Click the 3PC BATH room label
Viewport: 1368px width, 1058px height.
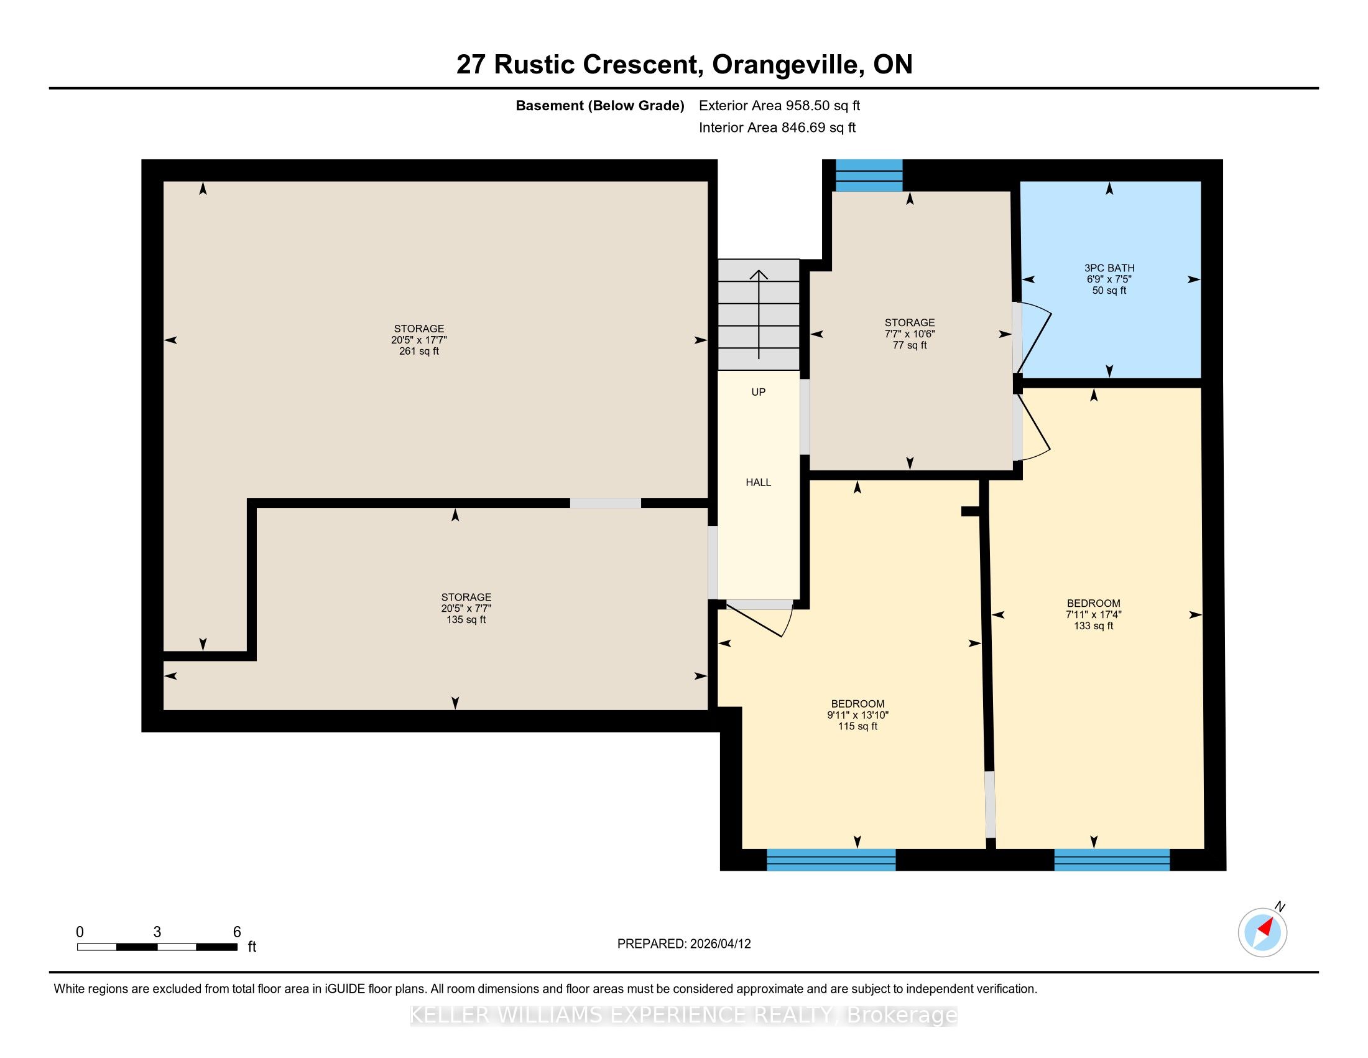1109,268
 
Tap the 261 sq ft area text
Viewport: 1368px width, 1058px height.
419,352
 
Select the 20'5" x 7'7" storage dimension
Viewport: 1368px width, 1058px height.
466,609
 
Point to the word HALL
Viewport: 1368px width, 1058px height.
758,482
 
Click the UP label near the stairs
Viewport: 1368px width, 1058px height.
758,392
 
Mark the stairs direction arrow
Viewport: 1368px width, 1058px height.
759,314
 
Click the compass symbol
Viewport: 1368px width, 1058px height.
1262,932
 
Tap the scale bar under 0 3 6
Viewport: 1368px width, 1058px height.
157,947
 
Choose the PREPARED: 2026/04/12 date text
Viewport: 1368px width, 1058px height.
684,944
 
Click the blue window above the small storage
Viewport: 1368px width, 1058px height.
869,175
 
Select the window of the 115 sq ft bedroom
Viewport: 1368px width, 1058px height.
831,860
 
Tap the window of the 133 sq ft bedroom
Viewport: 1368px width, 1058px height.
1112,860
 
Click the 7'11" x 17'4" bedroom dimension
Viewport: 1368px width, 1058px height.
1094,615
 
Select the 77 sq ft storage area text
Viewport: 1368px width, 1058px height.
910,345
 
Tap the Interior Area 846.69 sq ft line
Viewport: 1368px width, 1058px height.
777,128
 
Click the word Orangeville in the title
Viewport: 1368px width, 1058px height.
784,65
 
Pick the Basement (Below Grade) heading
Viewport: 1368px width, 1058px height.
599,106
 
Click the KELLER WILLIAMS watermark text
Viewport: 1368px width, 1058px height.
684,1015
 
